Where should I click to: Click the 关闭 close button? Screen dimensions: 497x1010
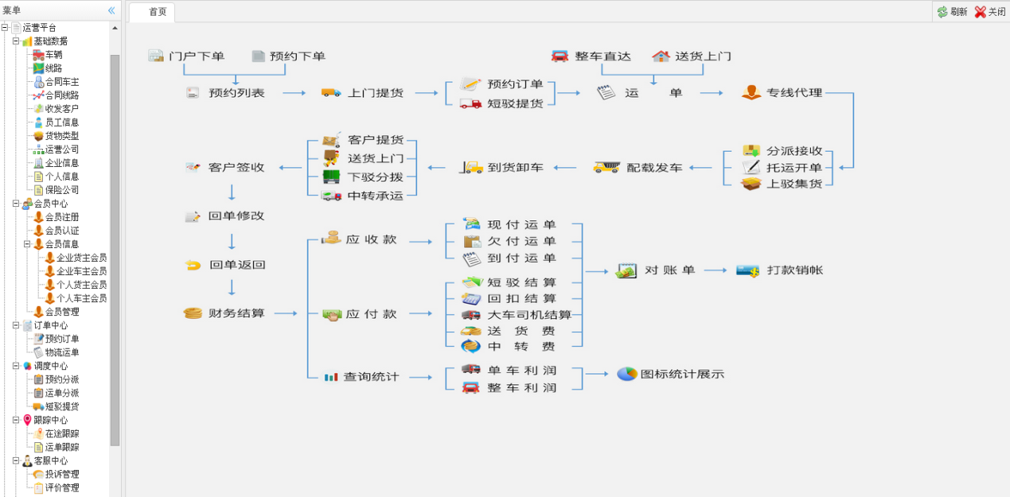pyautogui.click(x=990, y=12)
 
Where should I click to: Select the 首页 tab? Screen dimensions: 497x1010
pyautogui.click(x=158, y=12)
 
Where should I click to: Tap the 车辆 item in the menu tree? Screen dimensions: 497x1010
pyautogui.click(x=53, y=55)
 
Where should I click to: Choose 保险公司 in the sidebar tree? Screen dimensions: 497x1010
pyautogui.click(x=61, y=190)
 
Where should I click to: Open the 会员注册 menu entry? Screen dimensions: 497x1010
pyautogui.click(x=61, y=217)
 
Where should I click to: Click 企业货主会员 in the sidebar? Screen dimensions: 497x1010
pyautogui.click(x=80, y=258)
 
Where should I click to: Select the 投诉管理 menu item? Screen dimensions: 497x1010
pyautogui.click(x=61, y=475)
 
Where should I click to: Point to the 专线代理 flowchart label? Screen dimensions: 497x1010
pyautogui.click(x=794, y=93)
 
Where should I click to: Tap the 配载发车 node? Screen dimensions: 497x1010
pyautogui.click(x=654, y=168)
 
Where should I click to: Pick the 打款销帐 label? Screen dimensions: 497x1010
pyautogui.click(x=794, y=270)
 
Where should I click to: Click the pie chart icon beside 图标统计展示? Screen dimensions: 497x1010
pyautogui.click(x=627, y=374)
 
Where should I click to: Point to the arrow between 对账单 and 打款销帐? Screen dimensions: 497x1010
pyautogui.click(x=715, y=270)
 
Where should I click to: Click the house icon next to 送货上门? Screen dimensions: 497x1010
pyautogui.click(x=661, y=56)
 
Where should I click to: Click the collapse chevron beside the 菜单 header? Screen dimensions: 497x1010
pyautogui.click(x=111, y=10)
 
